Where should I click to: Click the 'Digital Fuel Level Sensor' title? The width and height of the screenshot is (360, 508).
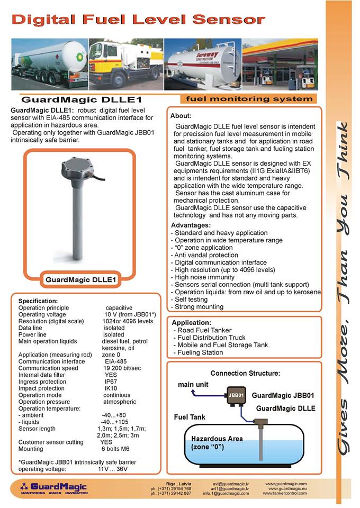point(138,20)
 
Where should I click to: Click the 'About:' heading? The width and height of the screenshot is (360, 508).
point(181,116)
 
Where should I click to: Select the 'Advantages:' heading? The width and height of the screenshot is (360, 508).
point(190,225)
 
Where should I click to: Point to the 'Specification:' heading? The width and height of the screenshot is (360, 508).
point(38,301)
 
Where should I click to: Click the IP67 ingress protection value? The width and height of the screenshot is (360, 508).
point(111,382)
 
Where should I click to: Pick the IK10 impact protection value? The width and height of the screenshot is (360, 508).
point(111,388)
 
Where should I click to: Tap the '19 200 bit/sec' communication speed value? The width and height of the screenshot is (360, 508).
point(123,368)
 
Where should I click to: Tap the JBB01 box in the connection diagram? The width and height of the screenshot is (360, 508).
point(236,395)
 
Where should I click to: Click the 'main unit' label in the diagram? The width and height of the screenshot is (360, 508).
point(193,384)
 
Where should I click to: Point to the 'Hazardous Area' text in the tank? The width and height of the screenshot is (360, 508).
point(217,439)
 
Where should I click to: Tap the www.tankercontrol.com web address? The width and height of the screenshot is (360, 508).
point(285,493)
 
